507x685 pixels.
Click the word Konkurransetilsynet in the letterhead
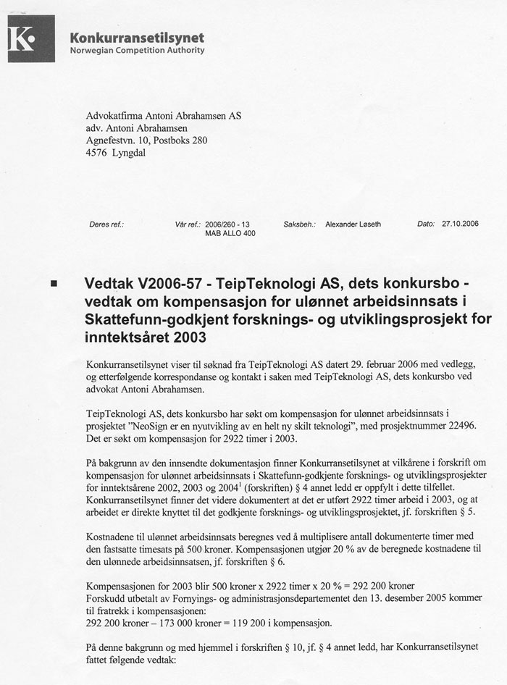(136, 38)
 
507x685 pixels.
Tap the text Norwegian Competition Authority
(137, 51)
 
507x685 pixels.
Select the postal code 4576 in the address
(97, 154)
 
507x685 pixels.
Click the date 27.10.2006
(460, 224)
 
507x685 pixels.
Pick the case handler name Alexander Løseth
(353, 224)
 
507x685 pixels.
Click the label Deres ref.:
(106, 224)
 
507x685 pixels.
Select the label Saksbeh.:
(298, 224)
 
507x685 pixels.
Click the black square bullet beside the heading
(54, 285)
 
